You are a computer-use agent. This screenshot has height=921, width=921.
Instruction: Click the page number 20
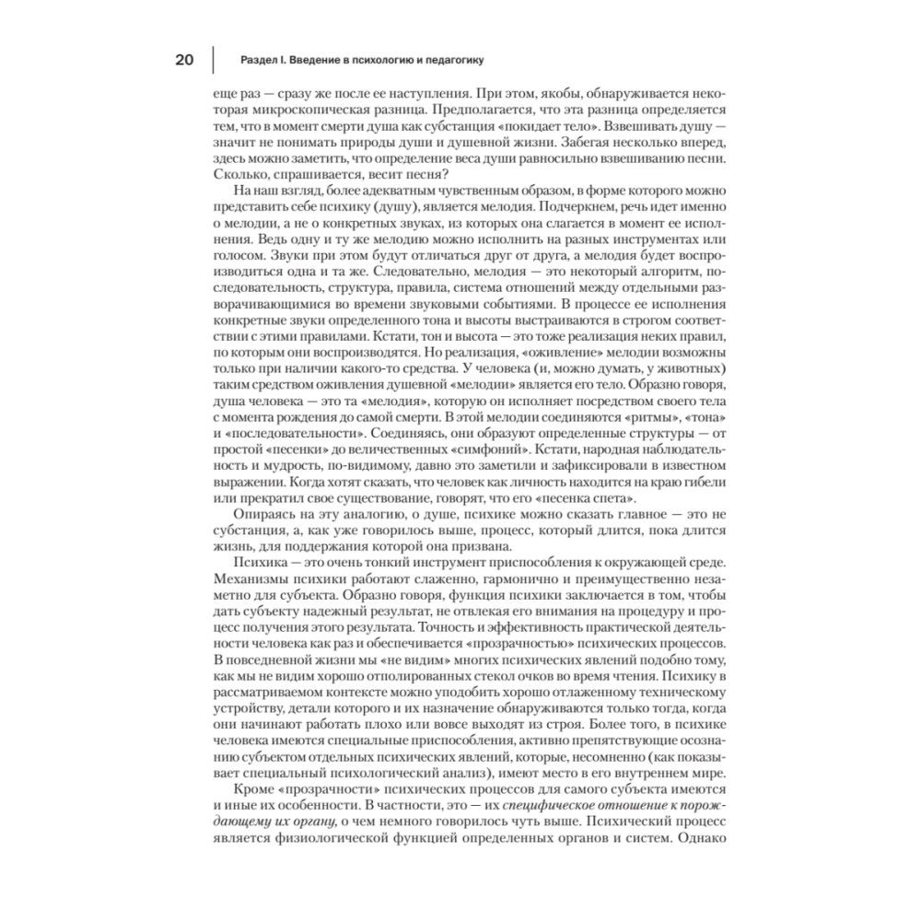[x=183, y=61]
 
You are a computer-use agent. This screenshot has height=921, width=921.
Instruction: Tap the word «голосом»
[x=235, y=258]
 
